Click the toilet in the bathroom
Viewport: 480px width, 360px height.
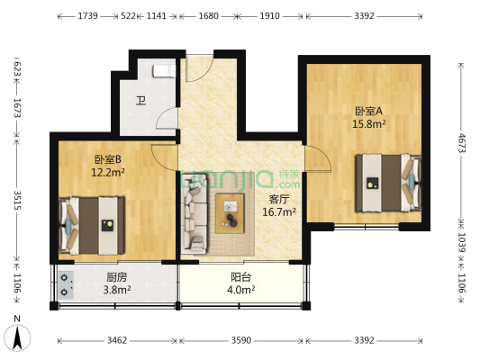click(x=164, y=72)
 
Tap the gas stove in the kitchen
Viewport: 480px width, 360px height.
click(x=66, y=285)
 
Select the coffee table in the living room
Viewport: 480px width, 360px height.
click(x=230, y=213)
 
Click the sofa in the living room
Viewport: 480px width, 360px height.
click(x=194, y=213)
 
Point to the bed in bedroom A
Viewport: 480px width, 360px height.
click(x=388, y=183)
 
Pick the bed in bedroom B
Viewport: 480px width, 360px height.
click(x=92, y=225)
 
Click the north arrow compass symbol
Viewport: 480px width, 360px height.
click(x=17, y=337)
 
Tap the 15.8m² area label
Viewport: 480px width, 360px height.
click(x=368, y=124)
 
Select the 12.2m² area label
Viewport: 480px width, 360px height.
click(x=108, y=173)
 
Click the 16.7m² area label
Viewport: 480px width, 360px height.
click(x=279, y=211)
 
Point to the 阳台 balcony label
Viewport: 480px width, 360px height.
click(x=241, y=277)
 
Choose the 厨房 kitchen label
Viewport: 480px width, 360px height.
click(x=117, y=277)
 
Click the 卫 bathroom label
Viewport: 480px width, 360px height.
click(x=140, y=100)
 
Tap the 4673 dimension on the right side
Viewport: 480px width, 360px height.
click(x=461, y=143)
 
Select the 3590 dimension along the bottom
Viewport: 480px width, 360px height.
click(x=241, y=340)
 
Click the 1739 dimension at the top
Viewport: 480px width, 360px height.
click(x=87, y=15)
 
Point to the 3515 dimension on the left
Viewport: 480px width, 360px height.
click(x=17, y=200)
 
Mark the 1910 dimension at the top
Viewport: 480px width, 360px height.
click(x=269, y=15)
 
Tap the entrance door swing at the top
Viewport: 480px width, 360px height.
click(x=200, y=68)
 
